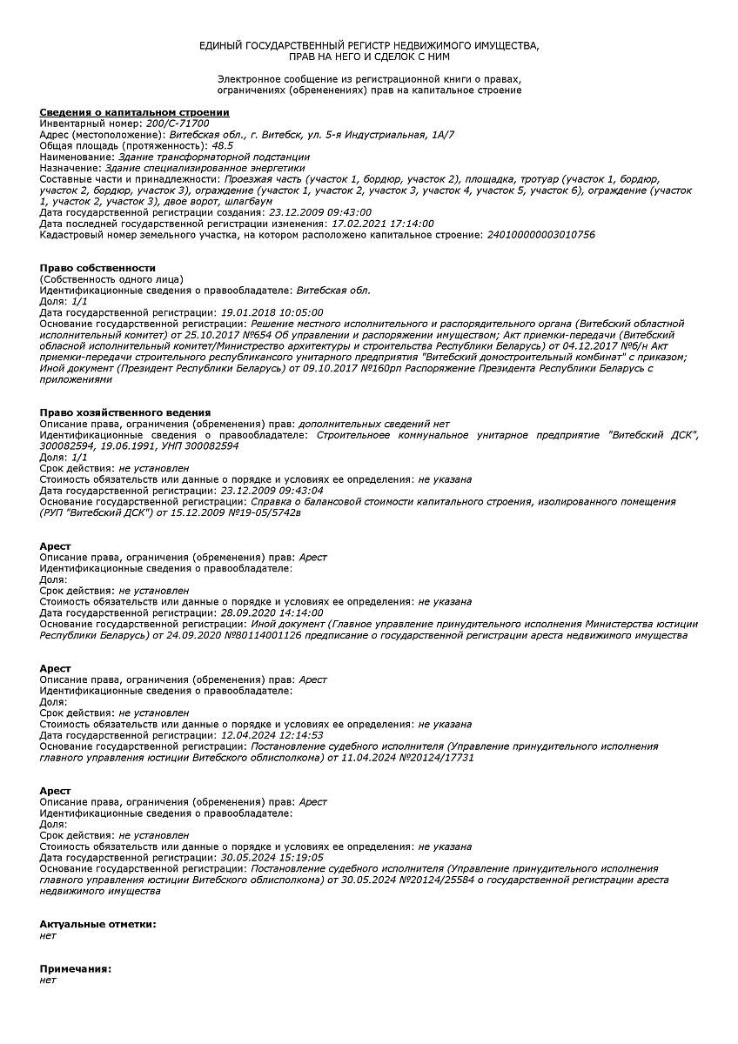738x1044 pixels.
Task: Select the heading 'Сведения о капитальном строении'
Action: (134, 112)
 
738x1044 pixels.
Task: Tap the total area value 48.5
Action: (223, 145)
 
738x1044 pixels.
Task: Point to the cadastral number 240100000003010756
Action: (541, 234)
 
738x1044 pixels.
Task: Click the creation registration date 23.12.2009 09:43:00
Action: (320, 212)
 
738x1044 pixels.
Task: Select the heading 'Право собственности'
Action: (97, 268)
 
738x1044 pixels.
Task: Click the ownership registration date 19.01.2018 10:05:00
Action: (272, 311)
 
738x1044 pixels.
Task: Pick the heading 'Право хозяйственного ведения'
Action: (125, 412)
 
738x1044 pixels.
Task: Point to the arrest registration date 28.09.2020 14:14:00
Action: (272, 612)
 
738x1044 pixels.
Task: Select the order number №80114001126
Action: (263, 635)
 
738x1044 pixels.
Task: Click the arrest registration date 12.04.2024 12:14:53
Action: (272, 735)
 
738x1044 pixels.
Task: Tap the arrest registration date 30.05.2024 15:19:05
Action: (272, 857)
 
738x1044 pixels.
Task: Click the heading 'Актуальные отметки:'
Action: (97, 924)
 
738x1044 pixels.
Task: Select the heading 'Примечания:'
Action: (76, 968)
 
